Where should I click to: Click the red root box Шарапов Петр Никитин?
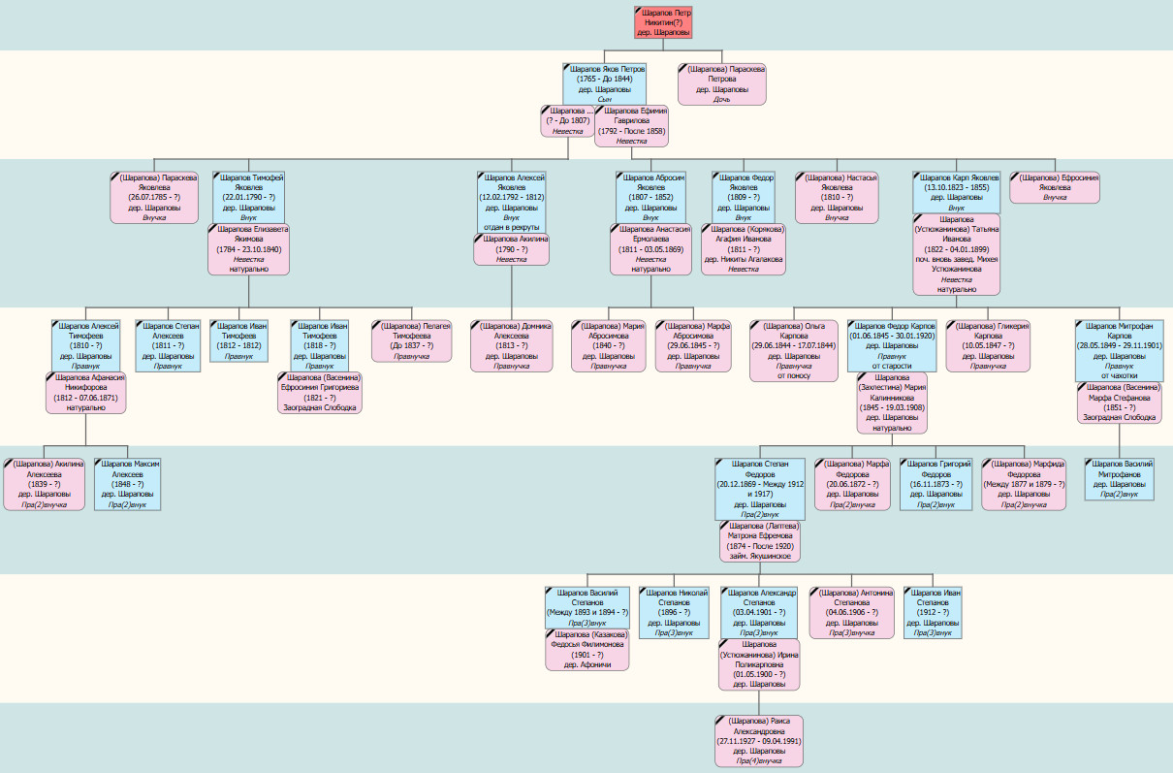tap(664, 22)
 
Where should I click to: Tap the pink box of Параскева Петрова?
tap(722, 83)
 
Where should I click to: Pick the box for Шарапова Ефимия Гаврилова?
tap(632, 126)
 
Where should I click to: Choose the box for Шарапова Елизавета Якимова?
tap(249, 249)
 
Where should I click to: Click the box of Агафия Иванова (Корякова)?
tap(744, 249)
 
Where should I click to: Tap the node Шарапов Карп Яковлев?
tap(957, 192)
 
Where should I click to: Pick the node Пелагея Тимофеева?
tap(412, 340)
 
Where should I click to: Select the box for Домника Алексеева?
tap(511, 345)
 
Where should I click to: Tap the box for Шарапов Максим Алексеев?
tap(127, 483)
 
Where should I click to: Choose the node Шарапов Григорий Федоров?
tap(935, 483)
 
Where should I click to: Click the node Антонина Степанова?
tap(851, 612)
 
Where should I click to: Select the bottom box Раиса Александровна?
tap(760, 741)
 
